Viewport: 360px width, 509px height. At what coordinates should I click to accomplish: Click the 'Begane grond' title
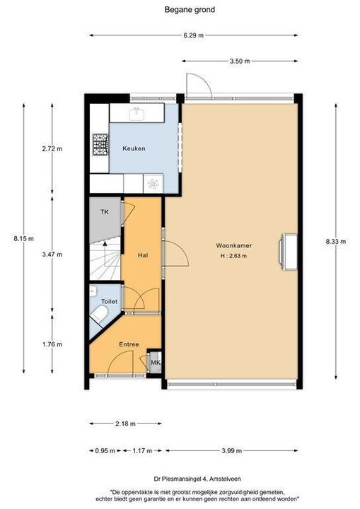tap(190, 10)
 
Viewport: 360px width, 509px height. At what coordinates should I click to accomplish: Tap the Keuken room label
tap(134, 148)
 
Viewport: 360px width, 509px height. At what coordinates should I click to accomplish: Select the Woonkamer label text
tap(234, 246)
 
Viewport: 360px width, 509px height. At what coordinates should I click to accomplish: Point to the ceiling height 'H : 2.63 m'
tap(233, 256)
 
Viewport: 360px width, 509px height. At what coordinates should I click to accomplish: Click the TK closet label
tap(105, 212)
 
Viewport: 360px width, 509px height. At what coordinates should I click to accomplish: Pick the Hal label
tap(143, 255)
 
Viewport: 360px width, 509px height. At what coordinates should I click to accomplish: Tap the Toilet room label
tap(109, 302)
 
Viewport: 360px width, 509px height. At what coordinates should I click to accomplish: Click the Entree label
tap(129, 344)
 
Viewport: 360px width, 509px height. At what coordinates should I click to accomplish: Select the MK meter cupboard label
tap(156, 363)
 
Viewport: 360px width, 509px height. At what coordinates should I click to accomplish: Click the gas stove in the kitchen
tap(100, 145)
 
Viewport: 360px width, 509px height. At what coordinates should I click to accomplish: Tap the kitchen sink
tap(137, 113)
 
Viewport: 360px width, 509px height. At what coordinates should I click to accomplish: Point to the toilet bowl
tap(99, 315)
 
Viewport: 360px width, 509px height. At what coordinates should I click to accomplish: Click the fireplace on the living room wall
tap(288, 252)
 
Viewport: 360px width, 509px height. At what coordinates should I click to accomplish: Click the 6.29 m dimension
tap(194, 36)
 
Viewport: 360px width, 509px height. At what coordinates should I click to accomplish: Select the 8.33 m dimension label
tap(336, 242)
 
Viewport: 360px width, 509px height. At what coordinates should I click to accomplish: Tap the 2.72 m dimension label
tap(52, 149)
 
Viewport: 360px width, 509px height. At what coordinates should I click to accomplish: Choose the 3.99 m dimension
tap(232, 450)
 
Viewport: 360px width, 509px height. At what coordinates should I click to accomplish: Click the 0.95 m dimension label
tap(105, 450)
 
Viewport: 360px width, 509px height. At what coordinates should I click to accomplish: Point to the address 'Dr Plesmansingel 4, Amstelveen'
tap(197, 479)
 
